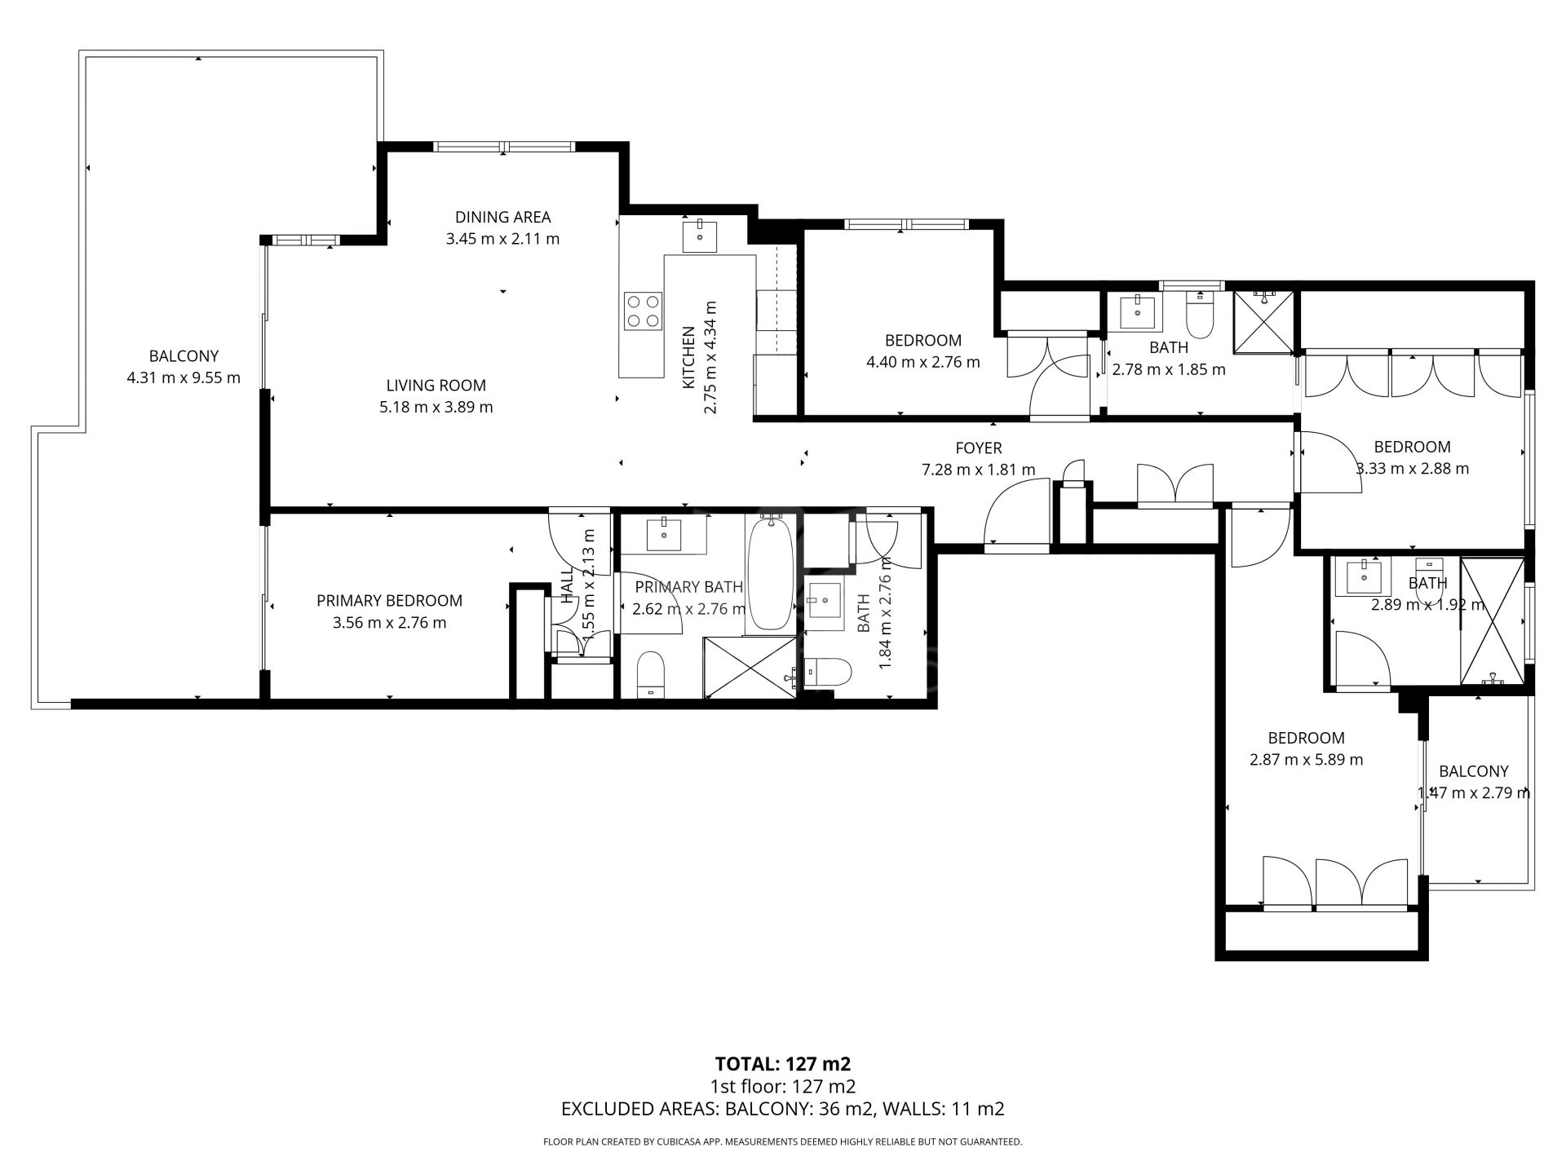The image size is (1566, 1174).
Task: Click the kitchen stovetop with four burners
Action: tap(642, 311)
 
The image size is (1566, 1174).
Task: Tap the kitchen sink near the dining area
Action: tap(700, 235)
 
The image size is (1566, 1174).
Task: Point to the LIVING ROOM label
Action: tap(436, 385)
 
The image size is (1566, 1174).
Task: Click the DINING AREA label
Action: tap(502, 217)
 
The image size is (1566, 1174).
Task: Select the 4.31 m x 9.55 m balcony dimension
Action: tap(184, 377)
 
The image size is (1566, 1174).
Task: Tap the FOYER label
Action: tap(978, 448)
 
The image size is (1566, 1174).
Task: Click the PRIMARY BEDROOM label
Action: tap(389, 601)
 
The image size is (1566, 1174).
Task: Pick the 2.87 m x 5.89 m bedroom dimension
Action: tap(1306, 760)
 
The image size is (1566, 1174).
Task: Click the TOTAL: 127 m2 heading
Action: tap(782, 1063)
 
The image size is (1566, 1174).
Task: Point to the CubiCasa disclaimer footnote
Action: tap(782, 1142)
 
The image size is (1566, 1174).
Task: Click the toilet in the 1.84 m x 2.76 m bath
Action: tap(828, 672)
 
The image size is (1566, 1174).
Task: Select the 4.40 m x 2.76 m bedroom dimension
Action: tap(922, 362)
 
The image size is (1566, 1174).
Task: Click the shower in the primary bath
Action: tap(750, 668)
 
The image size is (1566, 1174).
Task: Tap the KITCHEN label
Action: tap(688, 357)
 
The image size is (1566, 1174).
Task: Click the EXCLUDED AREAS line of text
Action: tap(782, 1109)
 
